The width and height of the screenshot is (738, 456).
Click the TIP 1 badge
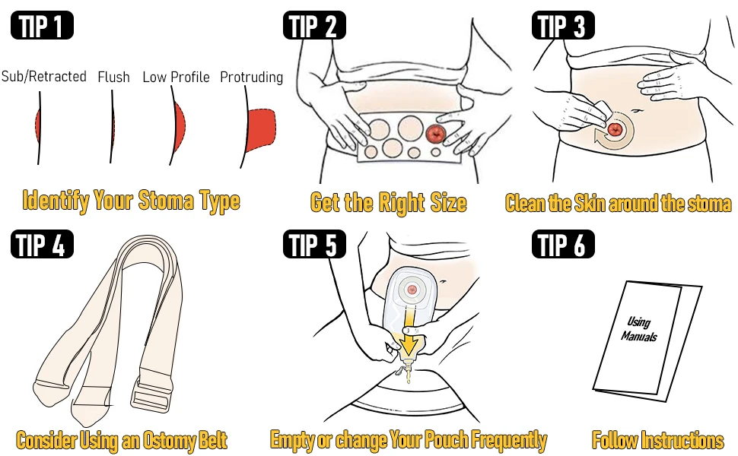pos(42,25)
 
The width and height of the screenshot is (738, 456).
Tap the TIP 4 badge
pos(42,244)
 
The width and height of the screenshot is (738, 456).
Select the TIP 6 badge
pos(563,244)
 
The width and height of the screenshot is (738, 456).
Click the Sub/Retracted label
pos(44,76)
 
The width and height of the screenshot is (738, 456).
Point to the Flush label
pos(113,77)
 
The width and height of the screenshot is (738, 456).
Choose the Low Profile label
pos(176,77)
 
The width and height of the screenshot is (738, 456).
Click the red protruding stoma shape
pos(261,128)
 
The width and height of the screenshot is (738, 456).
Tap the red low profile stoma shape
pos(179,126)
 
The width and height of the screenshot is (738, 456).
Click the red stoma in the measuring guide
pos(435,133)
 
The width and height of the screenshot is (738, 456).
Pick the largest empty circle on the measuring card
pos(410,128)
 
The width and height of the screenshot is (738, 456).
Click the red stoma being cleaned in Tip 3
pos(615,129)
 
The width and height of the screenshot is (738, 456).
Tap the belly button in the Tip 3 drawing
pos(636,111)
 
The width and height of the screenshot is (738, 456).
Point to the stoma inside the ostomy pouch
pos(412,290)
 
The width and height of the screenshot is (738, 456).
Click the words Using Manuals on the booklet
pos(638,329)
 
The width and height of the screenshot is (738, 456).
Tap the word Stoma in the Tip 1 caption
pos(166,201)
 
